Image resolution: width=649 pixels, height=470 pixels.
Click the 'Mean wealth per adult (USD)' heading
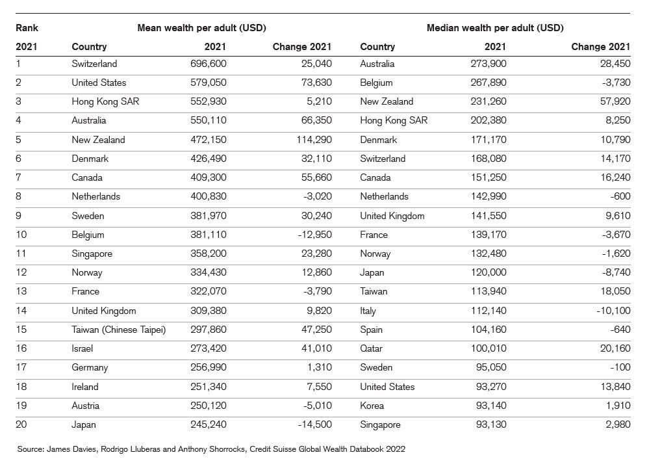pos(201,28)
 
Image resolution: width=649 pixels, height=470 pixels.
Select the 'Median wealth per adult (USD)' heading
pos(494,28)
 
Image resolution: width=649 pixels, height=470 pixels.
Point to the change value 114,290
pos(311,140)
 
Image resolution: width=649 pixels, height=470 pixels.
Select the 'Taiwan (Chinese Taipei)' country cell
pos(118,330)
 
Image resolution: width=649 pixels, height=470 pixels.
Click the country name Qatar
pos(372,348)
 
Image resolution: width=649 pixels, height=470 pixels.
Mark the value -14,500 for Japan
pos(314,424)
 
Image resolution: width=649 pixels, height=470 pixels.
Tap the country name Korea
pos(372,406)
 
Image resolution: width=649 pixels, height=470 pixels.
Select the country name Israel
pos(83,348)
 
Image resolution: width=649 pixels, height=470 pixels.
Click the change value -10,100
pos(611,311)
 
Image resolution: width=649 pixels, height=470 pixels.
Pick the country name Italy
pos(368,311)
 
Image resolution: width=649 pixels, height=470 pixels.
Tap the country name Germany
pos(90,367)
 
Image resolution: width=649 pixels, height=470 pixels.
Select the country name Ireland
pos(85,387)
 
